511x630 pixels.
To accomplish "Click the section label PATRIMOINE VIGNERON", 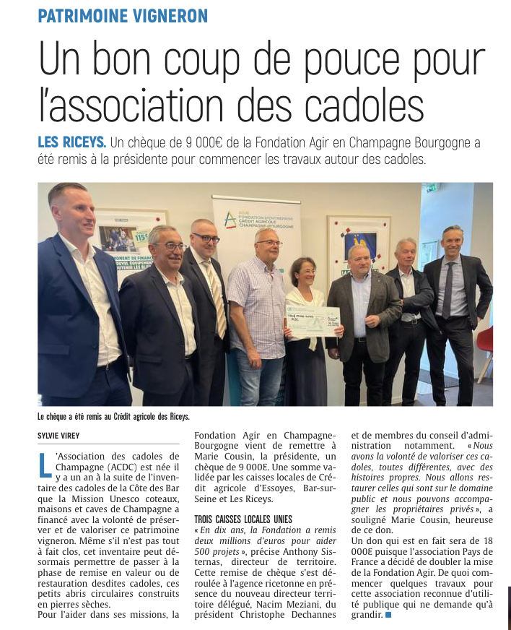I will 123,15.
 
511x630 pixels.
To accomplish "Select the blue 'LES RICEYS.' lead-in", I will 71,142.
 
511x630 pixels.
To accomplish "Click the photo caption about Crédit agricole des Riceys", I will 113,416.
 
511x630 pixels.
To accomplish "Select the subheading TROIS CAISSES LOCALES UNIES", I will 243,519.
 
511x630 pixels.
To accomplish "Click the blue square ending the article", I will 388,615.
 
